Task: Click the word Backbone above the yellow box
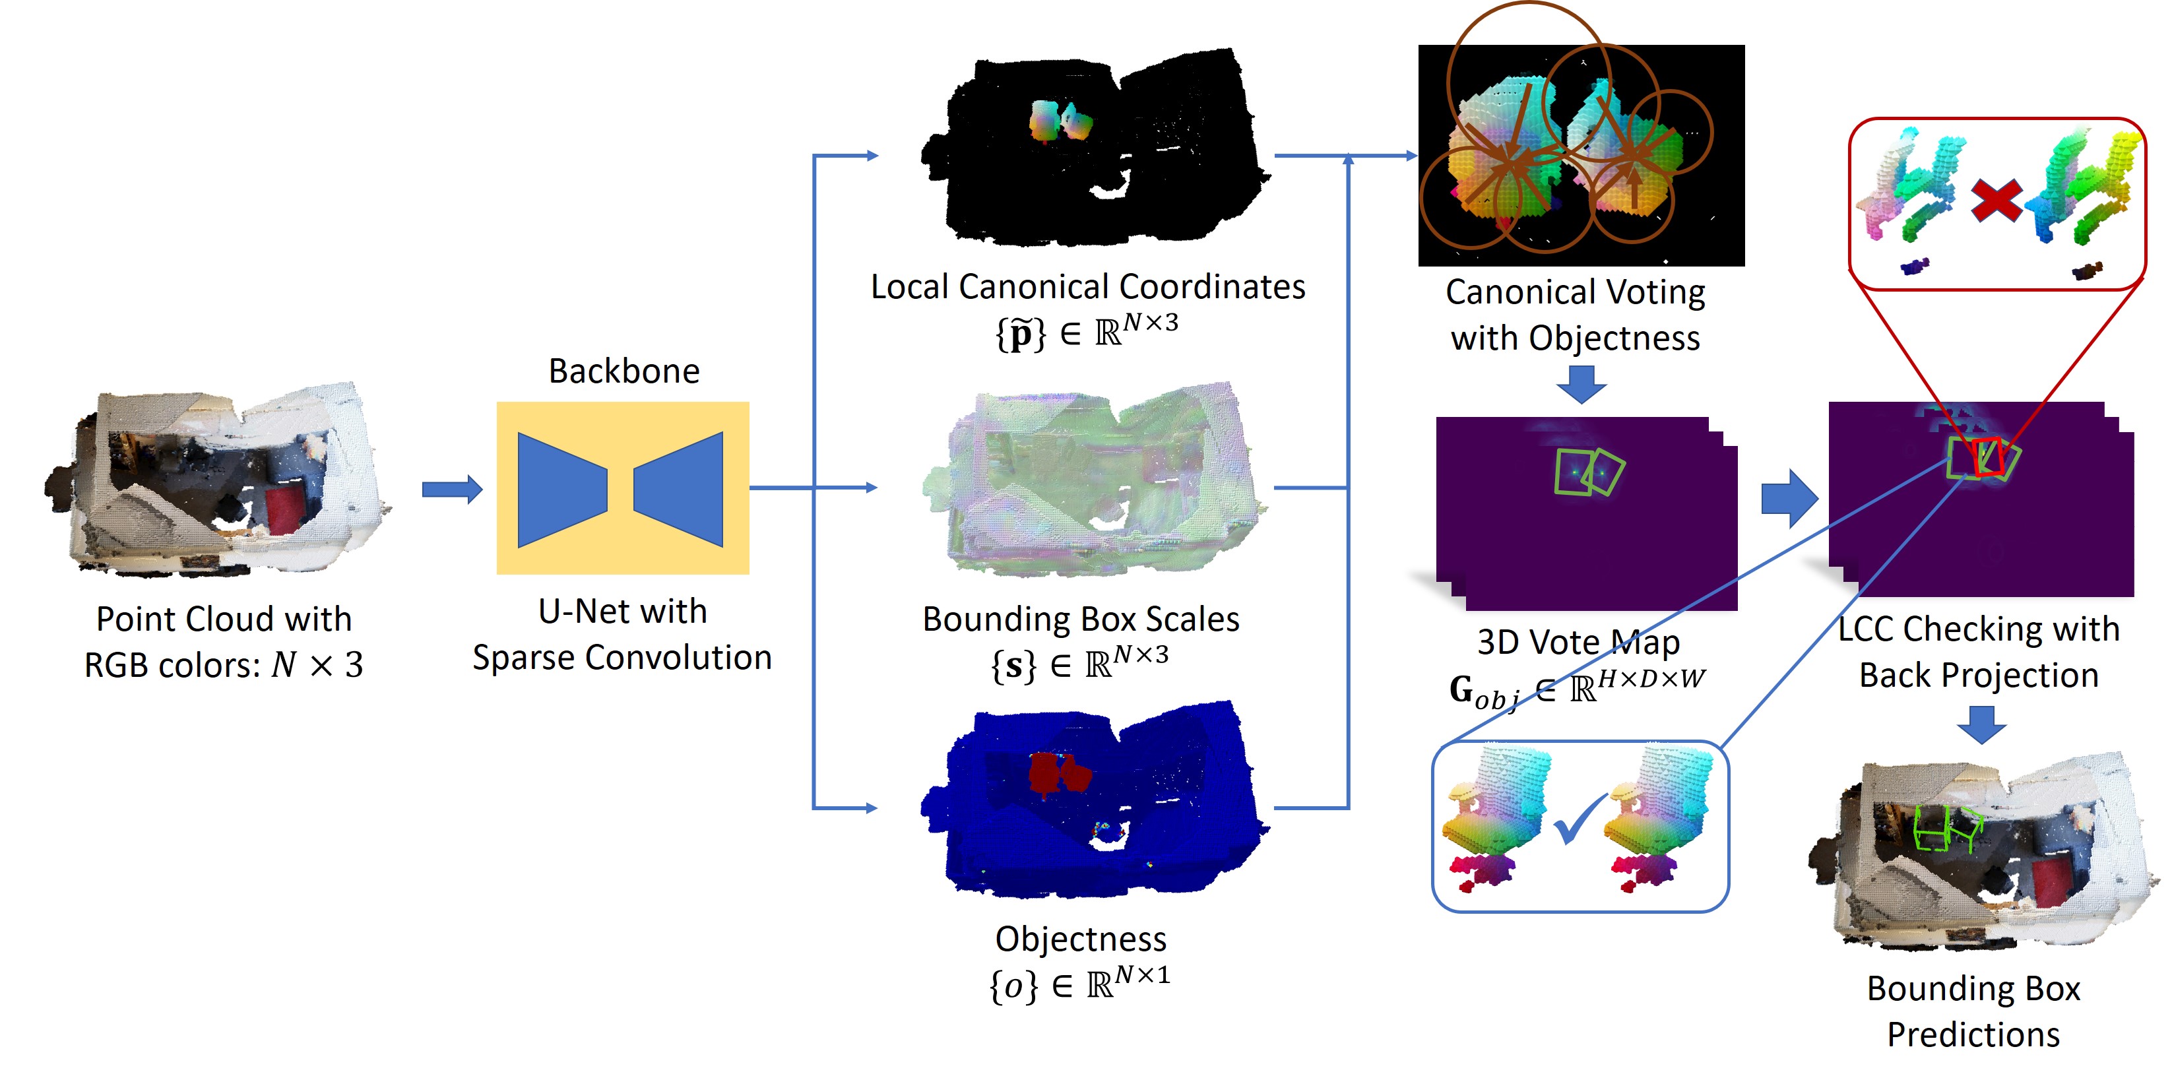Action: coord(624,371)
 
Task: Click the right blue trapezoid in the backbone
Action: coord(682,490)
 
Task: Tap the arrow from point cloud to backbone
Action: coord(452,489)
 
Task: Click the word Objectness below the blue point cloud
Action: coord(1080,938)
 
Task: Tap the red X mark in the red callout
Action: coord(1995,201)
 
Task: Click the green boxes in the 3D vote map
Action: coord(1589,473)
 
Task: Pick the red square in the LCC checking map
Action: coord(1987,458)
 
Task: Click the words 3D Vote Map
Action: coord(1578,643)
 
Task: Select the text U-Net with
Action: coord(622,611)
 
